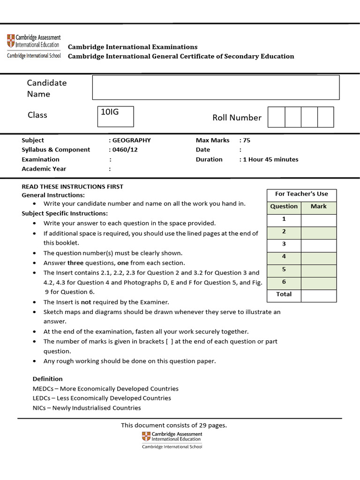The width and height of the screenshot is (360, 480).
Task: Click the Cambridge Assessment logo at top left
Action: tap(33, 46)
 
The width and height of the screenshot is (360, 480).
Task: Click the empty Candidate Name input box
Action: tap(216, 87)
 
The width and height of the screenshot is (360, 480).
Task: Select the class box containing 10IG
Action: tap(115, 116)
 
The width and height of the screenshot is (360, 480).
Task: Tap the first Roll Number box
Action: tap(276, 117)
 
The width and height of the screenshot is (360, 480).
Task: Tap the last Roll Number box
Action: tap(325, 117)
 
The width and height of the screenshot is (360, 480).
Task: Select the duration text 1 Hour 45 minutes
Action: tap(270, 159)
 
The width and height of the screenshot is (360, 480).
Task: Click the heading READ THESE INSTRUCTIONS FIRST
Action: tap(73, 187)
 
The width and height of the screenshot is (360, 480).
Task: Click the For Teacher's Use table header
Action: tap(301, 194)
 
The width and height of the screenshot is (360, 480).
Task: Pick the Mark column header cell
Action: tap(318, 206)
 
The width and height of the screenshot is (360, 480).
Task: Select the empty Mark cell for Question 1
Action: tap(318, 219)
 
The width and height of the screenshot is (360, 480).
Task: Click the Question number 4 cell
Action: tap(284, 257)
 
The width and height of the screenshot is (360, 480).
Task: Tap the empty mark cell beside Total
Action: tap(318, 295)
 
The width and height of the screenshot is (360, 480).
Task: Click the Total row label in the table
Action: tap(284, 294)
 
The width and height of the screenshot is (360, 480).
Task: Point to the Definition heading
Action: tap(47, 379)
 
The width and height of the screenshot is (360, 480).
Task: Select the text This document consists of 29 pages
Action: tap(173, 425)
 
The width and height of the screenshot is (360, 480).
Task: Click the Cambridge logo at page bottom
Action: tap(172, 440)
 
